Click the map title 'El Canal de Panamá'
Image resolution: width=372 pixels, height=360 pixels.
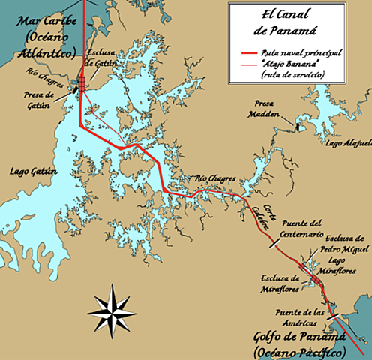[297, 22]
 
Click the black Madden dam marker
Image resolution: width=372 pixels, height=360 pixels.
[298, 126]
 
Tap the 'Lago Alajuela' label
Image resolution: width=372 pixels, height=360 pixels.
[346, 141]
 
